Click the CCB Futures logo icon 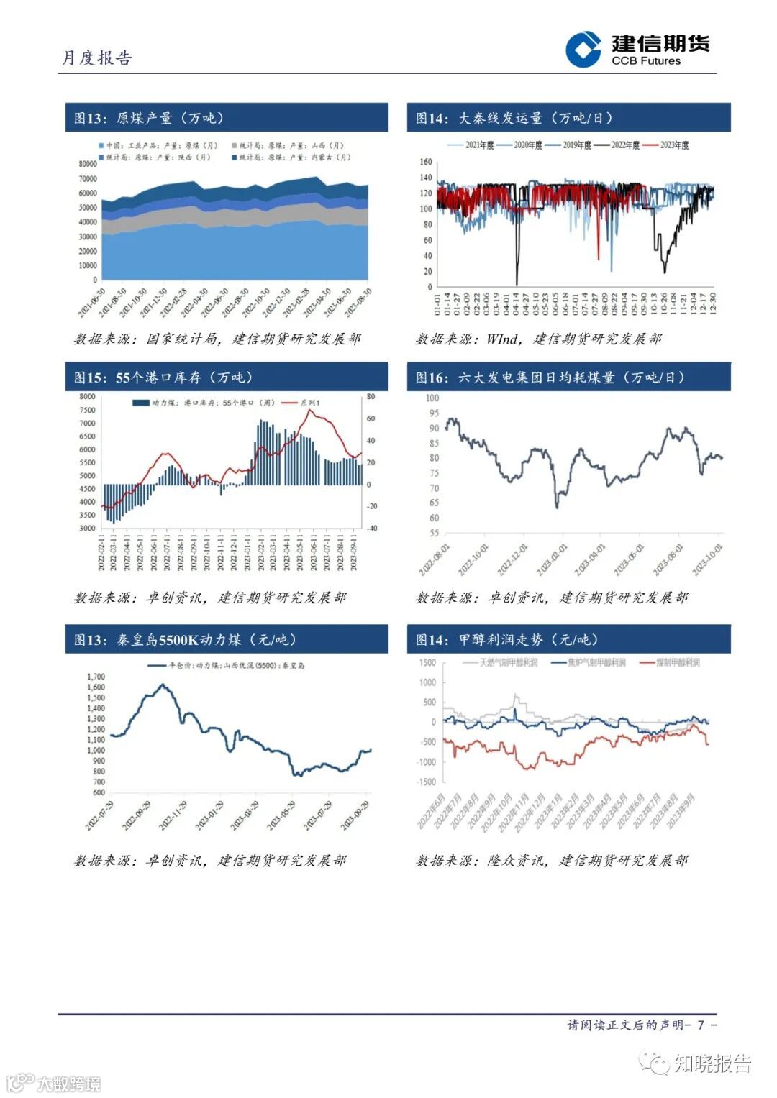[x=583, y=50]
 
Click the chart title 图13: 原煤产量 [x=149, y=118]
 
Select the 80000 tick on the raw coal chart [x=87, y=164]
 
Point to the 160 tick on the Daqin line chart [x=425, y=163]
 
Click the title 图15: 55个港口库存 [x=163, y=378]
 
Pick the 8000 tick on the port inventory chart [x=87, y=397]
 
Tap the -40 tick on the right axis [x=371, y=528]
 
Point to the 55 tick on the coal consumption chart [x=433, y=534]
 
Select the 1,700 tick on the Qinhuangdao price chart [x=96, y=677]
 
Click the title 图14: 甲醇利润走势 [x=506, y=639]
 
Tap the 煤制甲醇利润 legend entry [x=677, y=662]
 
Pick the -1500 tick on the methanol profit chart [x=427, y=782]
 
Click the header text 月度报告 [x=96, y=58]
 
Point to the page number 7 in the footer [x=700, y=1024]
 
